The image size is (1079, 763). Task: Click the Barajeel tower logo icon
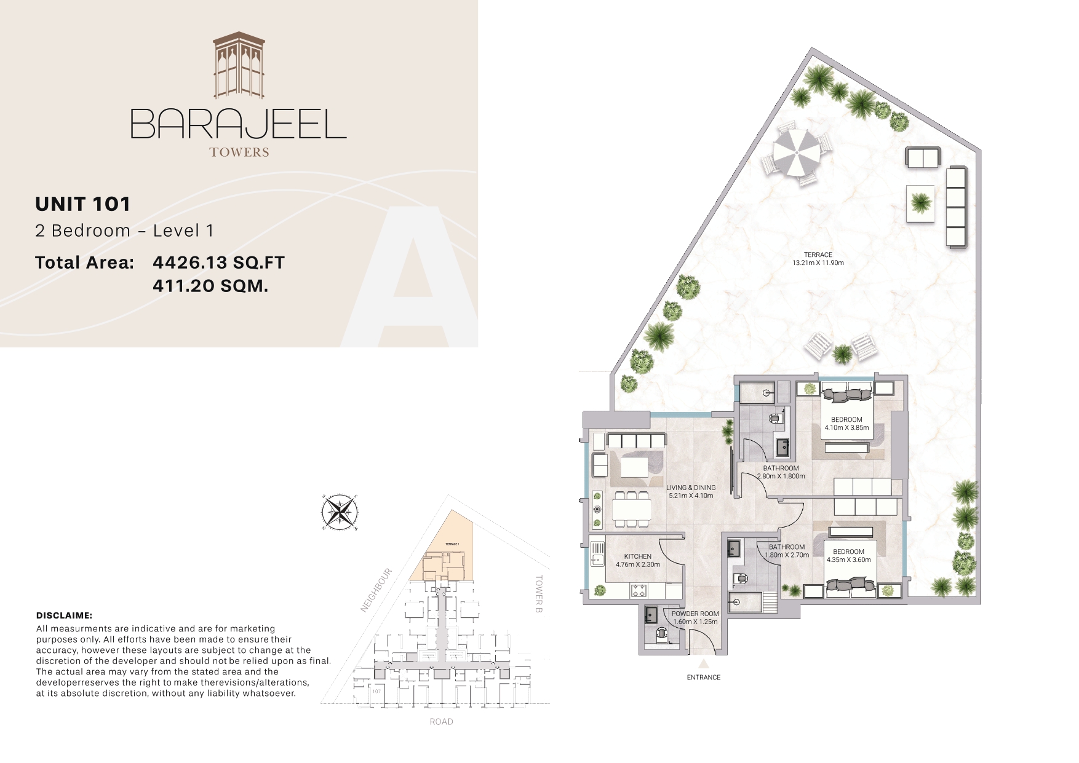click(239, 66)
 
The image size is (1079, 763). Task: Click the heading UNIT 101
click(83, 204)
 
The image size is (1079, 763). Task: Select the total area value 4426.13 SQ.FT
click(218, 263)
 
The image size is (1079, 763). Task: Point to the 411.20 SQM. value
click(210, 286)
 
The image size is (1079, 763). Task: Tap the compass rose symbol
click(340, 512)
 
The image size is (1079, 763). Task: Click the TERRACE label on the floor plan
click(818, 255)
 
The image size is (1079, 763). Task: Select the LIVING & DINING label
click(691, 488)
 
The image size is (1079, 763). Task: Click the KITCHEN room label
click(637, 556)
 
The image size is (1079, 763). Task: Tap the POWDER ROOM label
click(695, 614)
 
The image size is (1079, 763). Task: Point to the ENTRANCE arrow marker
click(704, 664)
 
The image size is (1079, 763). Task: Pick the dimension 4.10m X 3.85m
click(846, 428)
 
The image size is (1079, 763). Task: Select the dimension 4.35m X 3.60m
click(848, 560)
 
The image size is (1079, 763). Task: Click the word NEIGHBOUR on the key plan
click(376, 590)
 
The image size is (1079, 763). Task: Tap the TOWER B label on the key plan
click(539, 594)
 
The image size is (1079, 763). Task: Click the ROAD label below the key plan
click(441, 722)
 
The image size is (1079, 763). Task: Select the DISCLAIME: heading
click(64, 615)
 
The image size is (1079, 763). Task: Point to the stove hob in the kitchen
click(638, 591)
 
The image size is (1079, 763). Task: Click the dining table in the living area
click(632, 509)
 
